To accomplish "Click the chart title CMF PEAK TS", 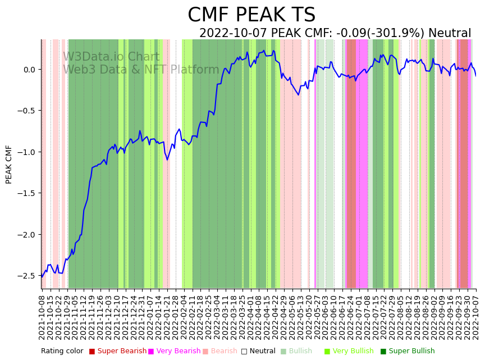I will click(x=251, y=15).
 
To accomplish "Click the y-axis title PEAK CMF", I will click(x=9, y=164).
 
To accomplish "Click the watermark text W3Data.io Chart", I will click(x=111, y=57).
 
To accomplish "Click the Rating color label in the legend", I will click(x=62, y=351).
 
